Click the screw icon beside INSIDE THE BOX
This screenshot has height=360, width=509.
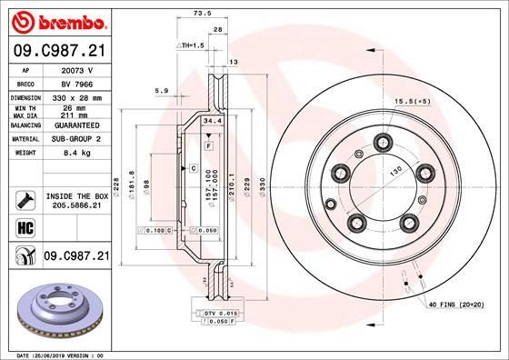coord(25,200)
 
